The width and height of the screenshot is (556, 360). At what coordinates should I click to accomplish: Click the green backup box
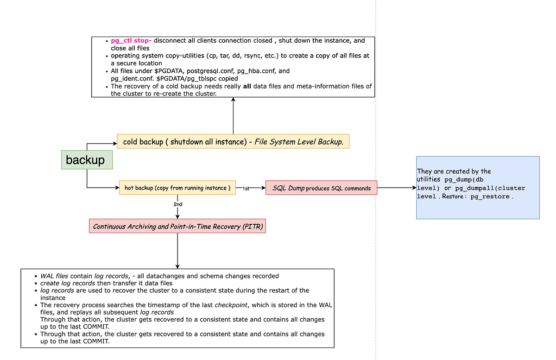[87, 160]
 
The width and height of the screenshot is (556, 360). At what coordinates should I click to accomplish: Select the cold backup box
[233, 142]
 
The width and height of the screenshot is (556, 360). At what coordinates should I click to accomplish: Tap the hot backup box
[177, 188]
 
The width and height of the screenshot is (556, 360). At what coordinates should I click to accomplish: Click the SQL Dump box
[321, 188]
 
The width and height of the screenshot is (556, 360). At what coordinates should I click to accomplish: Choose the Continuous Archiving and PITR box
[177, 227]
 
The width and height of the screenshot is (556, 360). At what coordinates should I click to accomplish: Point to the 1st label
[246, 189]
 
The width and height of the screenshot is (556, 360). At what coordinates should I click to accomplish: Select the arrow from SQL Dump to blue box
[396, 188]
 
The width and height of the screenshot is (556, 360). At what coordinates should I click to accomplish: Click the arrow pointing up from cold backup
[233, 116]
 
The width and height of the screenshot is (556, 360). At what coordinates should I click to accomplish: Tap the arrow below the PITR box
[177, 250]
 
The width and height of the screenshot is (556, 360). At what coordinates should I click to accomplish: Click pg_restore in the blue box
[491, 196]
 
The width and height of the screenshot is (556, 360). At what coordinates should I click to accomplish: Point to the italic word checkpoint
[227, 305]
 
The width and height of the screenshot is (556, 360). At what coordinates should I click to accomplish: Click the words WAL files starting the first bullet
[54, 276]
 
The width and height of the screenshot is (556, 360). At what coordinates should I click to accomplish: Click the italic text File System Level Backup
[299, 142]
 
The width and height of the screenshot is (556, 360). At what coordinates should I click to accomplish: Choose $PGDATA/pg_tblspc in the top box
[191, 79]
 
